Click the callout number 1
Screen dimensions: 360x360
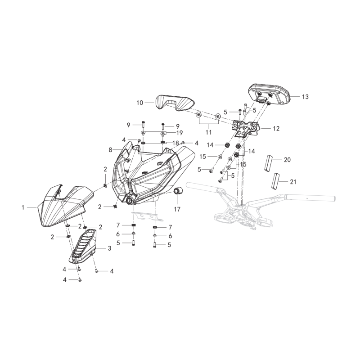pos(23,207)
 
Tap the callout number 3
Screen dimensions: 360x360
pos(109,248)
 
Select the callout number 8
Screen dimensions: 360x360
pos(110,150)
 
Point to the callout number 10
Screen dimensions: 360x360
pos(139,103)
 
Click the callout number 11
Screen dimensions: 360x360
pos(209,132)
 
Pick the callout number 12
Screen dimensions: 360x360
pos(276,129)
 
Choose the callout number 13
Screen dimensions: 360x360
pos(306,97)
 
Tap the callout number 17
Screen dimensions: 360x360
pos(177,209)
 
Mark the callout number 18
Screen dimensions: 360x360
pos(175,143)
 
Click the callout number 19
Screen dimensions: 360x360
pos(180,133)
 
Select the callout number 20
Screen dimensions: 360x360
pos(288,160)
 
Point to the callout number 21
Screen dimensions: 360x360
pos(293,182)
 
